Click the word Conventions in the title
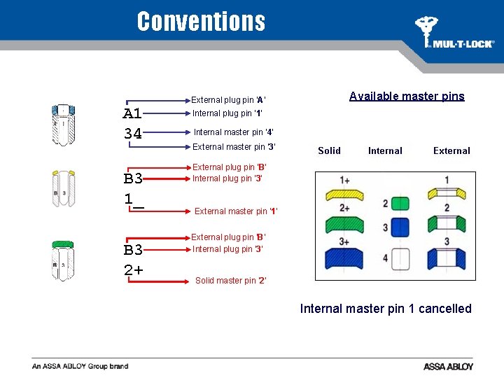(x=201, y=22)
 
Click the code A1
(x=133, y=113)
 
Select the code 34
(x=133, y=132)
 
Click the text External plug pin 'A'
(x=229, y=100)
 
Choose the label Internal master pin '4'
(x=233, y=132)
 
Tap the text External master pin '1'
(x=236, y=211)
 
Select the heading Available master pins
(x=407, y=97)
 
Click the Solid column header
(x=329, y=150)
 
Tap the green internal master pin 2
(x=400, y=204)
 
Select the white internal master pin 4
(x=400, y=259)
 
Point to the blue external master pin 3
(x=447, y=257)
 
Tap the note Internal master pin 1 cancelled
(x=386, y=309)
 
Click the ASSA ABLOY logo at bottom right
(x=448, y=366)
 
